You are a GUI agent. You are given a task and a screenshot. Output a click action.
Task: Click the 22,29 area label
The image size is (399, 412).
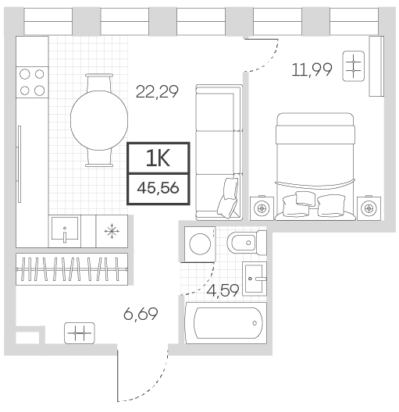[x=157, y=92]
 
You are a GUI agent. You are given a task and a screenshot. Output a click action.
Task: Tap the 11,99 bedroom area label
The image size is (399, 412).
[x=312, y=70]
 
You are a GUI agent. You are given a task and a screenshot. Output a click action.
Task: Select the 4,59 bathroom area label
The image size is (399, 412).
[x=223, y=291]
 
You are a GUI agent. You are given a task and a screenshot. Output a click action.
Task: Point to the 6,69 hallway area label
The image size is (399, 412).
[x=141, y=314]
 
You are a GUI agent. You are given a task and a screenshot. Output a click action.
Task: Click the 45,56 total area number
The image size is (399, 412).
[x=158, y=188]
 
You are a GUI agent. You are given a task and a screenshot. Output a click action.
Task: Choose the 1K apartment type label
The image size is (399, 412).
[x=159, y=158]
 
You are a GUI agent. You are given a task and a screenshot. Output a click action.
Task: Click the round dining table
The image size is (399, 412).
[x=99, y=120]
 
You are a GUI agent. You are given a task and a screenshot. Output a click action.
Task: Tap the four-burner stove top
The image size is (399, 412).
[x=32, y=82]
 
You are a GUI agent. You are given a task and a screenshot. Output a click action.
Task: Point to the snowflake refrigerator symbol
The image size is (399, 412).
[x=112, y=231]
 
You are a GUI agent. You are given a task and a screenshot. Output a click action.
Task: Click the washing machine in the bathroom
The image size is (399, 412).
[x=200, y=244]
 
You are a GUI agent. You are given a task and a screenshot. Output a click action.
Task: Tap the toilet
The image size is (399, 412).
[x=247, y=243]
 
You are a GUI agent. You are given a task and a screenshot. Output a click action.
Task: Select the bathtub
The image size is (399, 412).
[x=226, y=323]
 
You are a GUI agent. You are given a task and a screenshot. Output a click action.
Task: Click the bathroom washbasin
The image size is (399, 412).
[x=255, y=279]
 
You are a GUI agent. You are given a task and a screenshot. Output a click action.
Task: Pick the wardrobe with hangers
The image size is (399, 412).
[x=72, y=269]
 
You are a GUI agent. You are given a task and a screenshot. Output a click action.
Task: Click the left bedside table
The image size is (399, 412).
[x=262, y=208]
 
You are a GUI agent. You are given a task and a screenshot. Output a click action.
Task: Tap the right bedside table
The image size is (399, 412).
[x=369, y=208]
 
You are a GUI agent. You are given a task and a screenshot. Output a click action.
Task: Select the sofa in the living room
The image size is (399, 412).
[x=219, y=152]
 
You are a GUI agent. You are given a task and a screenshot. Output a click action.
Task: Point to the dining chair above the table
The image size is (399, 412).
[x=99, y=82]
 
